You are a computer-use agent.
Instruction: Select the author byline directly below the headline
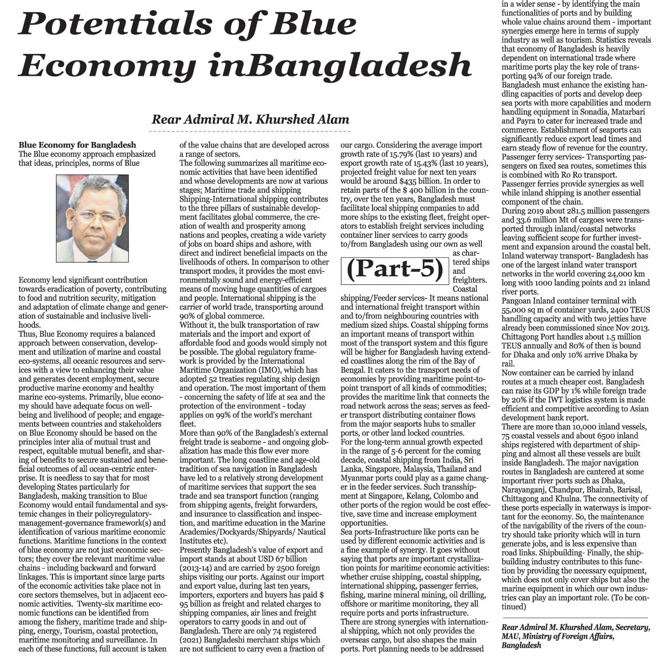[x=250, y=120]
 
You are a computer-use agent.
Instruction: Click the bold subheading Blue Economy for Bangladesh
[x=77, y=145]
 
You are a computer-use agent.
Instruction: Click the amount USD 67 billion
[x=290, y=559]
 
